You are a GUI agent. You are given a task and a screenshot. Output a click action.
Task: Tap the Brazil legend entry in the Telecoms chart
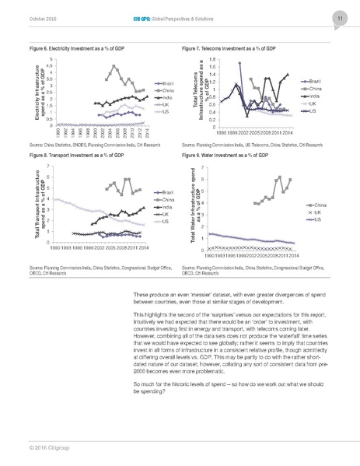tap(314, 81)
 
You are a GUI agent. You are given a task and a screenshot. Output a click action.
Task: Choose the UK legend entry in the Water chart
tap(319, 212)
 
